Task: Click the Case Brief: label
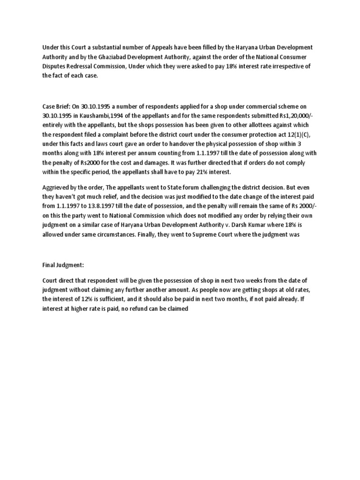57,107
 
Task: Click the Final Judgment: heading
63,265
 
